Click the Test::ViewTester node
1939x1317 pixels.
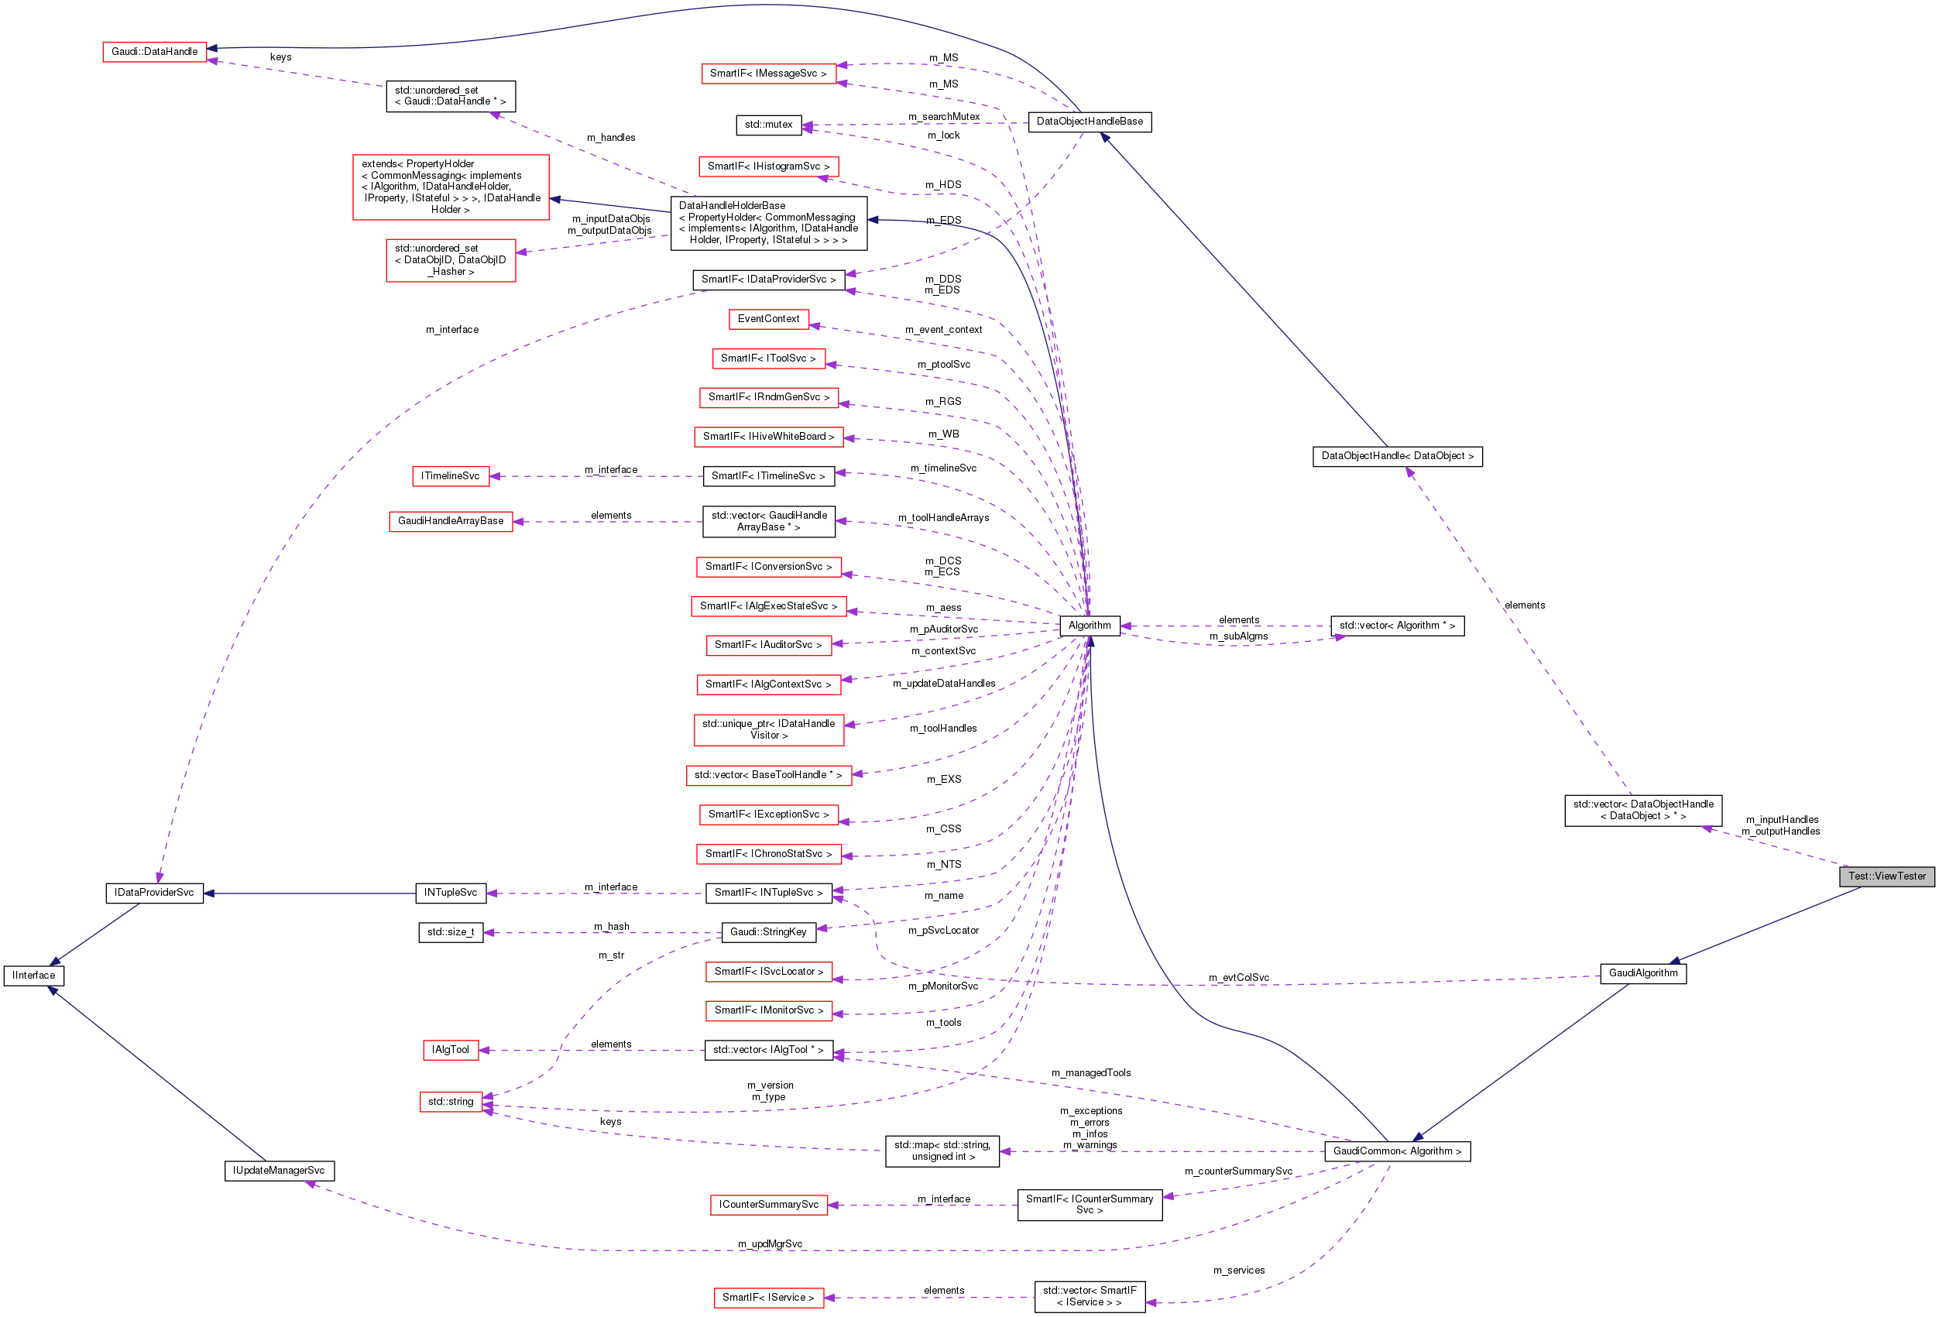pyautogui.click(x=1886, y=876)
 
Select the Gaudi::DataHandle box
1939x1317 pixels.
pyautogui.click(x=154, y=52)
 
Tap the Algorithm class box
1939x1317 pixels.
pyautogui.click(x=1089, y=626)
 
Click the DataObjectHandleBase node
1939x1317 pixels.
pyautogui.click(x=1089, y=122)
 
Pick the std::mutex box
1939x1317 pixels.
pyautogui.click(x=768, y=125)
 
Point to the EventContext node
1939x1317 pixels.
pyautogui.click(x=767, y=319)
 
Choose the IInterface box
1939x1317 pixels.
pyautogui.click(x=33, y=975)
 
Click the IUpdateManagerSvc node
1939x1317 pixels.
pyautogui.click(x=279, y=1170)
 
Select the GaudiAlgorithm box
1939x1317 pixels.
pyautogui.click(x=1643, y=972)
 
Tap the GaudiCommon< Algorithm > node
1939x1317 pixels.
pyautogui.click(x=1397, y=1151)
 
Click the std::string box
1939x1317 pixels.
pyautogui.click(x=451, y=1102)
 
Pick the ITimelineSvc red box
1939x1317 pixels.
pyautogui.click(x=451, y=476)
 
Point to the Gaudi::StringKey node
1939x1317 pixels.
pyautogui.click(x=767, y=931)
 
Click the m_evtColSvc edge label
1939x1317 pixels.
pyautogui.click(x=1238, y=978)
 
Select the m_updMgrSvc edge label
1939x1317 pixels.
pyautogui.click(x=769, y=1243)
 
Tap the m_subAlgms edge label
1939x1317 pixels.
pyautogui.click(x=1238, y=636)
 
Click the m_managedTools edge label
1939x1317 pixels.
pyautogui.click(x=1090, y=1072)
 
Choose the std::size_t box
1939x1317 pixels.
pyautogui.click(x=451, y=931)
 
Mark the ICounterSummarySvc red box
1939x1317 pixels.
pyautogui.click(x=767, y=1205)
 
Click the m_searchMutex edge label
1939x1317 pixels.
pyautogui.click(x=944, y=117)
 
